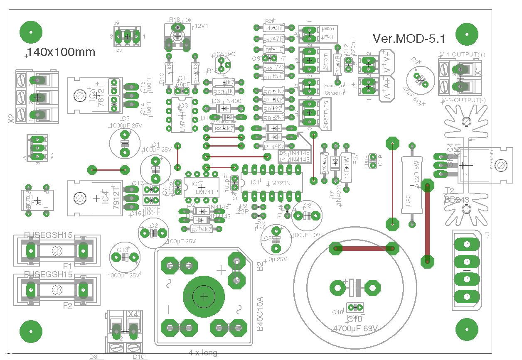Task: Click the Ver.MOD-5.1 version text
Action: (x=409, y=39)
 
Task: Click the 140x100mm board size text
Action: (x=61, y=52)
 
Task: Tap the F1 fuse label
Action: (x=67, y=265)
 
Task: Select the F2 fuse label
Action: (x=67, y=306)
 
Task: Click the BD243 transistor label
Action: (x=457, y=200)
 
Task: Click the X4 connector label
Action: (x=133, y=313)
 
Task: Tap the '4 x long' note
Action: (x=203, y=353)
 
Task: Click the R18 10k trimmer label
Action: (x=180, y=20)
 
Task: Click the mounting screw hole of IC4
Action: (x=79, y=198)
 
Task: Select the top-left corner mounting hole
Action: (x=31, y=32)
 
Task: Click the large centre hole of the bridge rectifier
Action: (x=204, y=296)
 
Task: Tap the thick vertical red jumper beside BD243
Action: (x=426, y=222)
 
